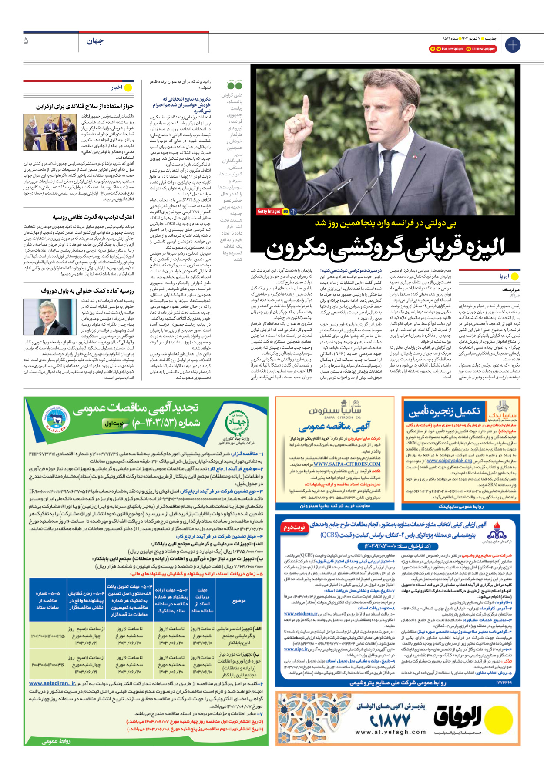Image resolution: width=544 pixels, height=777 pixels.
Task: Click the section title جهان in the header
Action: point(95,41)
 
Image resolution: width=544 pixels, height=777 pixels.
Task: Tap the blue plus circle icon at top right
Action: point(513,45)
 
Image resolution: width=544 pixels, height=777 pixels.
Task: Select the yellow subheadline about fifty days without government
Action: point(386,224)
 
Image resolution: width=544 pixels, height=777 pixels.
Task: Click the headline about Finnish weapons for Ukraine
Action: point(85,106)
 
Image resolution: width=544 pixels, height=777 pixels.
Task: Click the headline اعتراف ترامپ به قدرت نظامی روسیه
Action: point(93,217)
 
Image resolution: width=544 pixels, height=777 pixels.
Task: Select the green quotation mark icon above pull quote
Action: point(234,85)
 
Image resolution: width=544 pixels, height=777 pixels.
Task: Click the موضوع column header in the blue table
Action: point(239,601)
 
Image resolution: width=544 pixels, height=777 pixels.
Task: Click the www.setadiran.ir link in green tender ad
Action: point(52,683)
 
